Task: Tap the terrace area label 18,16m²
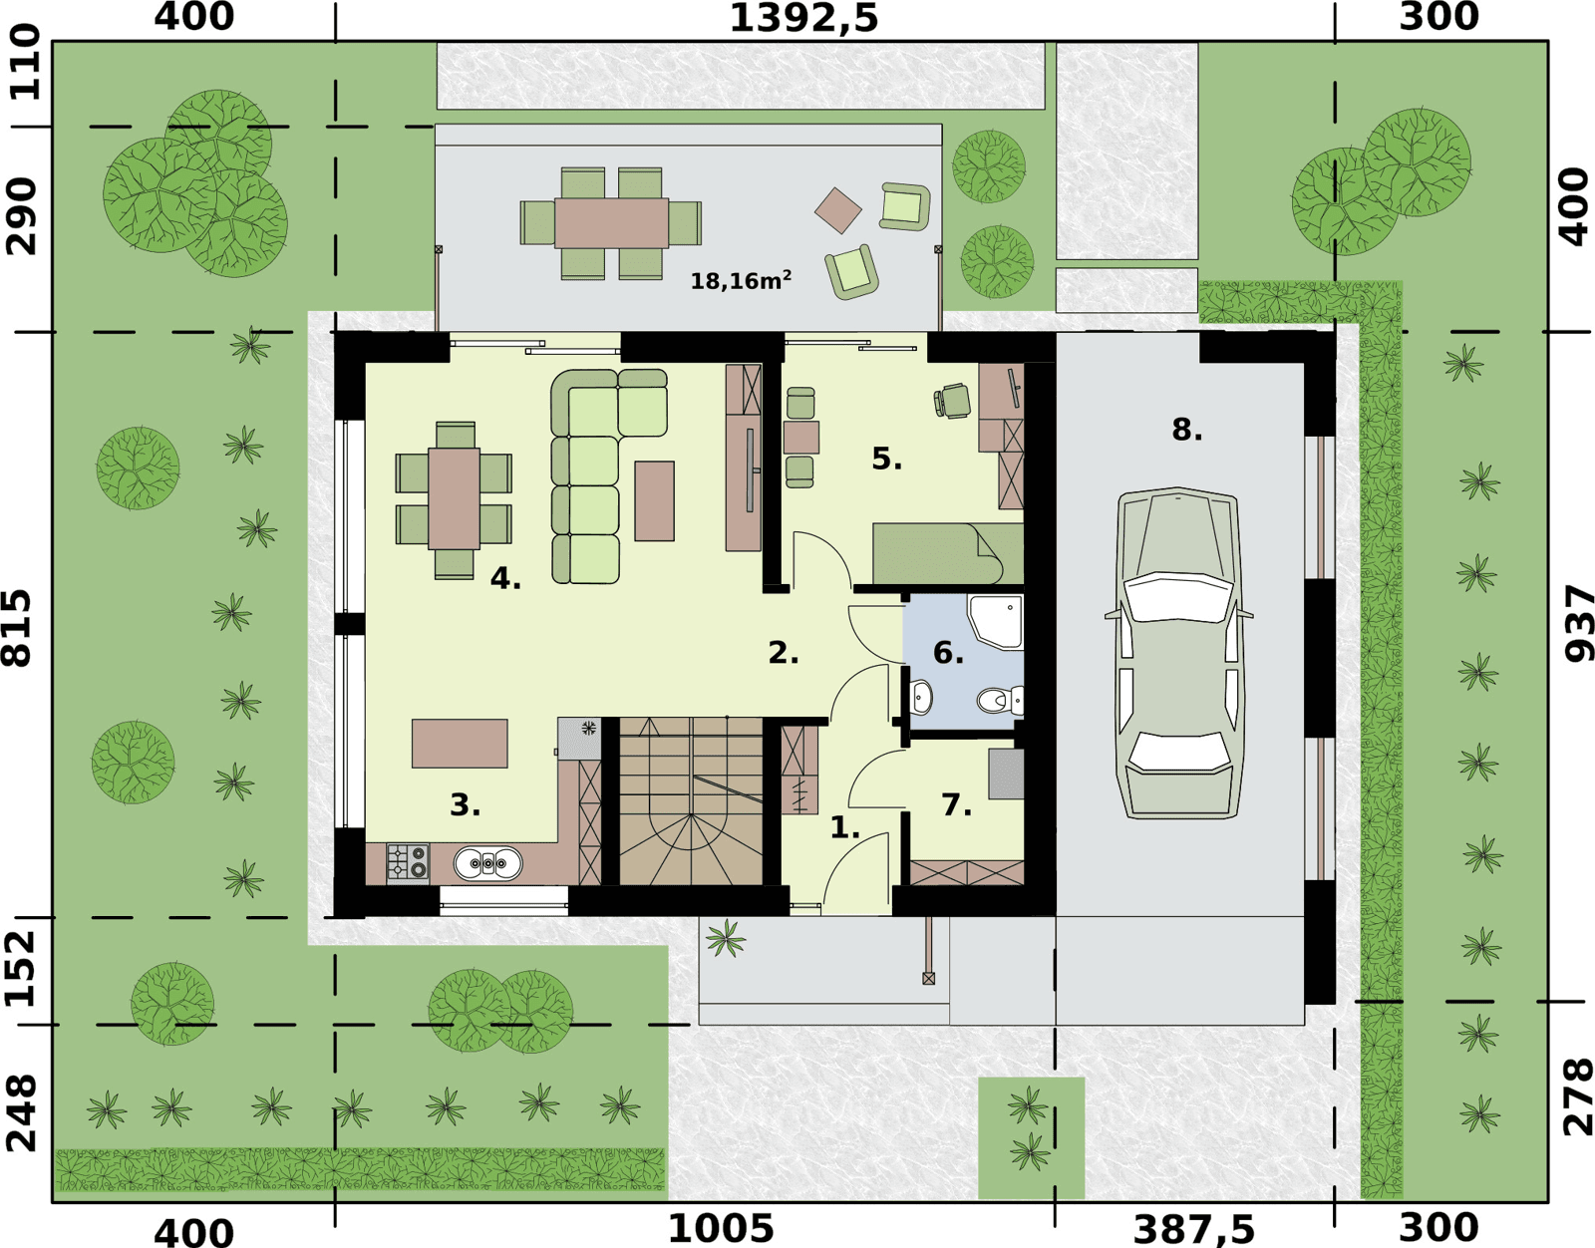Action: [x=741, y=280]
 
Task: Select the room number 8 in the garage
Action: [x=1187, y=430]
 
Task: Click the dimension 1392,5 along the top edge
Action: [x=803, y=18]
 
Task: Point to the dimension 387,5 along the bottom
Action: [x=1193, y=1230]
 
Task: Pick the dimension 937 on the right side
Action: [x=1578, y=623]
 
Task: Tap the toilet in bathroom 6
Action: [x=1001, y=699]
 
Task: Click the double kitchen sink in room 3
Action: [x=488, y=863]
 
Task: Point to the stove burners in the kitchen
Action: [x=408, y=862]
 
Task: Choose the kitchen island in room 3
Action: [x=460, y=744]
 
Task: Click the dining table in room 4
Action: [x=455, y=498]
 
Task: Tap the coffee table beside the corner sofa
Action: [x=654, y=500]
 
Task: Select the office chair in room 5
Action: [x=952, y=401]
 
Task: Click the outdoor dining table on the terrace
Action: [x=611, y=223]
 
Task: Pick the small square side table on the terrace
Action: [x=838, y=210]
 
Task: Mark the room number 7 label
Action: [x=956, y=804]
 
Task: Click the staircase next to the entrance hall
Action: [x=691, y=800]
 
